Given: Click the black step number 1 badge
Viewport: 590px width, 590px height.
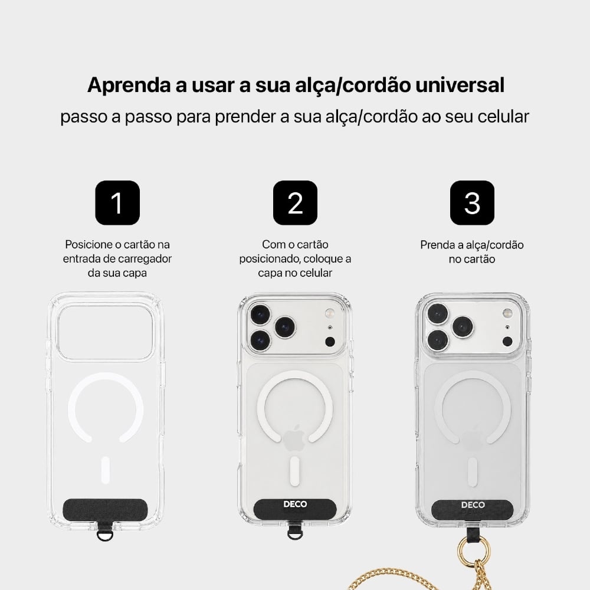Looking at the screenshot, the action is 117,203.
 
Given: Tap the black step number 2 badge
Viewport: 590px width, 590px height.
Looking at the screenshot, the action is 295,203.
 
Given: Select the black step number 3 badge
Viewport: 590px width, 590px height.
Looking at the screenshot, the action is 472,203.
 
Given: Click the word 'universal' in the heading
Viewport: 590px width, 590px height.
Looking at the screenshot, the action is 460,84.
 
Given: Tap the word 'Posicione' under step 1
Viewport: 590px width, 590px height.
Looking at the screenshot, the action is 87,245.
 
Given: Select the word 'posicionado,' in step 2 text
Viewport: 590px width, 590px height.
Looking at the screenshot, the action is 270,259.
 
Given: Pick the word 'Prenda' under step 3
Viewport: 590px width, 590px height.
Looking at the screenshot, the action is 437,245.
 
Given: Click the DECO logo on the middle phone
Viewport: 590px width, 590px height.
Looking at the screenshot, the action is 295,504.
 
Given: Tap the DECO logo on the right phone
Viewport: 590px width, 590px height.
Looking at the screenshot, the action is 473,505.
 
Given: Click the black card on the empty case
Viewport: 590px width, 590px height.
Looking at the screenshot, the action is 105,509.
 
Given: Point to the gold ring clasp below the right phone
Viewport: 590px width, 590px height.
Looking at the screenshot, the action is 468,551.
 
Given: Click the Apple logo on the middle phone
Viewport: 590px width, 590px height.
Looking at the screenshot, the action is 294,438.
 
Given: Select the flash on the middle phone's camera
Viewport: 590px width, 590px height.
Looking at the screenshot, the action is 330,313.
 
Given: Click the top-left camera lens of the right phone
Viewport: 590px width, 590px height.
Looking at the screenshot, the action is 438,313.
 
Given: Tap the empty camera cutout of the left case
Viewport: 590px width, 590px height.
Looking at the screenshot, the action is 106,333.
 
